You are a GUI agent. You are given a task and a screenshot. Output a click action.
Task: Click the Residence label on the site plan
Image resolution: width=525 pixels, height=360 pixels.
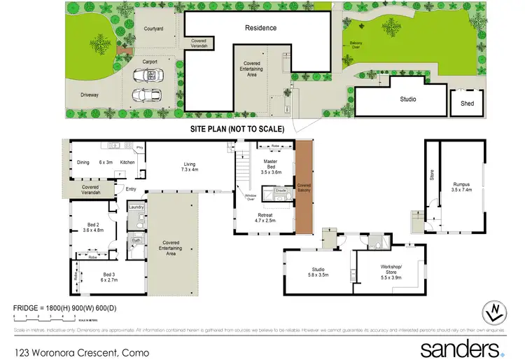[260, 28]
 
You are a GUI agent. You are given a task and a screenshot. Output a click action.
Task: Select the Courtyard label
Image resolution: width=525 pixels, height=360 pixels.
[153, 29]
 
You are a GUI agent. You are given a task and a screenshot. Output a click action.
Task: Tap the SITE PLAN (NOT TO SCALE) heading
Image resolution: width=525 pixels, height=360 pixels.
[237, 130]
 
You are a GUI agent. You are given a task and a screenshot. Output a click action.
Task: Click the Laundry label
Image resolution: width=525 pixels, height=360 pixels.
[136, 207]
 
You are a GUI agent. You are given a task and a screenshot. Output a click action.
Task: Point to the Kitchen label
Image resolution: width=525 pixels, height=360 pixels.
[127, 162]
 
